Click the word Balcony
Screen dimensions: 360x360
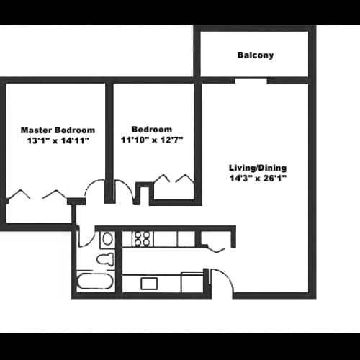[x=255, y=55]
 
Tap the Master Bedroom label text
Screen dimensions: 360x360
[x=58, y=130]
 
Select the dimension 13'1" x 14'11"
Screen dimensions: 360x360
[x=58, y=141]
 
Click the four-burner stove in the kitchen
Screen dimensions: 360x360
[x=140, y=238]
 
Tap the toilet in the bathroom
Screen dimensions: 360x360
[x=105, y=259]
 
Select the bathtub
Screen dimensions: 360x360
[x=95, y=282]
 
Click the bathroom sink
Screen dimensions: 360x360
[x=107, y=238]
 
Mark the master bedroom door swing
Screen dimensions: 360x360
[x=96, y=190]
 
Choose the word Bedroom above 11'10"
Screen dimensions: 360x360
[x=152, y=130]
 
